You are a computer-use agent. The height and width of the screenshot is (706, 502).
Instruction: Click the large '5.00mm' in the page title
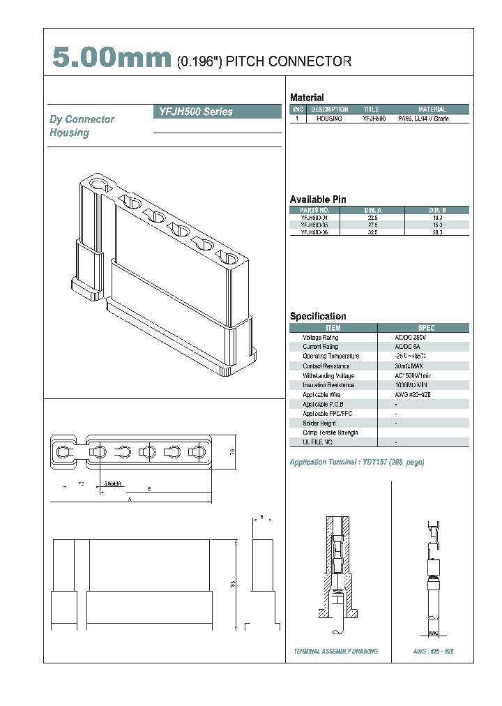112,60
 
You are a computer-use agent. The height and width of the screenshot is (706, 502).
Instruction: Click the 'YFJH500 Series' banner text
193,112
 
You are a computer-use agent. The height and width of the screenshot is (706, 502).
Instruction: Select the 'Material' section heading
307,98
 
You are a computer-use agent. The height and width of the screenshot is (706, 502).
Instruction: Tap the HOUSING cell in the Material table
329,119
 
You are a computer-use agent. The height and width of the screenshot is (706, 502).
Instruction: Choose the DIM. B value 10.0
437,218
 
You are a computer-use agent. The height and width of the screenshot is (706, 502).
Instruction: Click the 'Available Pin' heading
317,200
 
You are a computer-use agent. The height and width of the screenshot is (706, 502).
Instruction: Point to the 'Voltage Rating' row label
321,338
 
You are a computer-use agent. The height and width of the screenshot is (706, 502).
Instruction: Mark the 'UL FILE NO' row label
317,442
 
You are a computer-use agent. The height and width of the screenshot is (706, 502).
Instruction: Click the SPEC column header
426,328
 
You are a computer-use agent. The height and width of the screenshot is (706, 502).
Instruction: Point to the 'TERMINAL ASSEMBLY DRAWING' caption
336,651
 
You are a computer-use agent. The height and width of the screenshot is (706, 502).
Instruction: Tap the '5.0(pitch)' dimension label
112,483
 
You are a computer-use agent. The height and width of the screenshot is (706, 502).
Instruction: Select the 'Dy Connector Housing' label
82,126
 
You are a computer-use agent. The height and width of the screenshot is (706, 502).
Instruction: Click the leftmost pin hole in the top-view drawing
64,452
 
